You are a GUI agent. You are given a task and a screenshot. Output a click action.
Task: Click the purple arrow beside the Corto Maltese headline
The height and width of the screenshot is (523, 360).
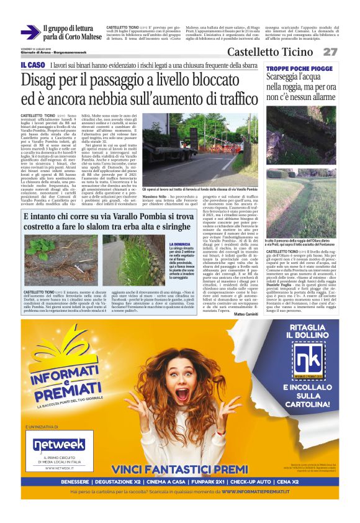coord(29,32)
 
